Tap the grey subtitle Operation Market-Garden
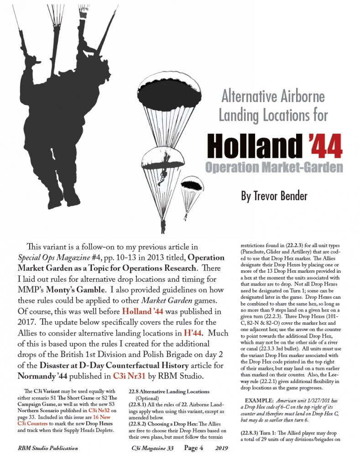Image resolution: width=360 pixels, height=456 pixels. [x=274, y=167]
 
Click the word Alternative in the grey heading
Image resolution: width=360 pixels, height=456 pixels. [x=250, y=96]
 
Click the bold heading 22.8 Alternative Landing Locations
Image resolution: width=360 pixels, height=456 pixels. [x=169, y=391]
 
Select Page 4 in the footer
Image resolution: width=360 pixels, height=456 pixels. [x=194, y=448]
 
